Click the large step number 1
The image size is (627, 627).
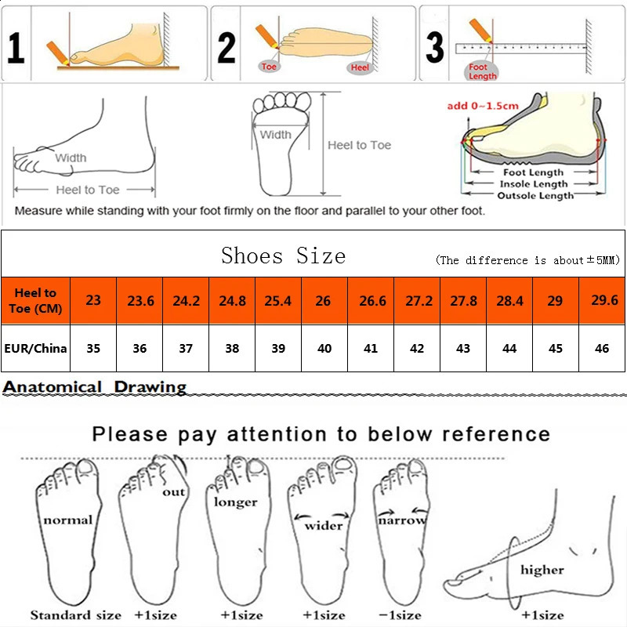(16, 47)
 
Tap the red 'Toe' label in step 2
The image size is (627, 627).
(270, 67)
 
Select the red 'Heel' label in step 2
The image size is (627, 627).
(360, 68)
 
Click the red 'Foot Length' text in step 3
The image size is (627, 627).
(482, 72)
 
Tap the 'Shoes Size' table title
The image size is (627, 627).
(283, 256)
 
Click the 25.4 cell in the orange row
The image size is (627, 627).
(277, 300)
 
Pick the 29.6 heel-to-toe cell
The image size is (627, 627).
(602, 300)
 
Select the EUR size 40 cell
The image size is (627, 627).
(324, 348)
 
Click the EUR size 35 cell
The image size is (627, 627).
(93, 348)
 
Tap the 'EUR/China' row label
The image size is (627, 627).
(35, 348)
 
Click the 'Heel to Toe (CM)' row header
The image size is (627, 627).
(35, 300)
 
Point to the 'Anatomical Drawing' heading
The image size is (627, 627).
(95, 386)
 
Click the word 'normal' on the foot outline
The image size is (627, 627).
(67, 520)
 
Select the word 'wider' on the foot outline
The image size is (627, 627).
(324, 525)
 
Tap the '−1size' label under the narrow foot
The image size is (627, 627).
(400, 614)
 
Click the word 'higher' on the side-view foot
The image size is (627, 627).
(542, 570)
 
